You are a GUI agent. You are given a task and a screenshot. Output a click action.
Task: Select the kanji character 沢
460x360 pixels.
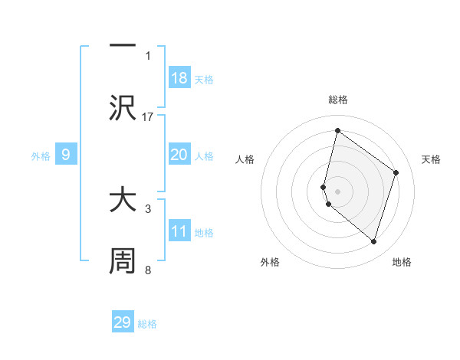point(123,108)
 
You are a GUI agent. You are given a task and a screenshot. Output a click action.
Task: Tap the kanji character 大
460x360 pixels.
point(123,200)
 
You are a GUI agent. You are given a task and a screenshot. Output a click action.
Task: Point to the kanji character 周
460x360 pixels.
point(123,261)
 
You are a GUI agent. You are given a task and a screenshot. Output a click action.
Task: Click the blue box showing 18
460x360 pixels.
point(179,78)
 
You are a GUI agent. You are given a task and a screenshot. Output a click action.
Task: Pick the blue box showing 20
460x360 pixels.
point(179,155)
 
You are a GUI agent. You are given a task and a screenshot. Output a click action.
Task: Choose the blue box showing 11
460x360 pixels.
point(179,231)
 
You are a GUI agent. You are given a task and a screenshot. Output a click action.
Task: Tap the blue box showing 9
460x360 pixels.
point(66,155)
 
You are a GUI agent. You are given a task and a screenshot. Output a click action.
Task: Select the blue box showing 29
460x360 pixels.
point(123,322)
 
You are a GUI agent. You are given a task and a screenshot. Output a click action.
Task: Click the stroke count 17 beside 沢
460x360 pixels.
point(148,116)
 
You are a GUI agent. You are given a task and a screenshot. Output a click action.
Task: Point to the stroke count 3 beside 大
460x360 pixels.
point(148,208)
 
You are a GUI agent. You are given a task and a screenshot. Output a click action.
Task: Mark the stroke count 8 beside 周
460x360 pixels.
point(148,270)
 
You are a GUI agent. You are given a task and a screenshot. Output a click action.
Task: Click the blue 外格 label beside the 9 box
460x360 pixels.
point(41,156)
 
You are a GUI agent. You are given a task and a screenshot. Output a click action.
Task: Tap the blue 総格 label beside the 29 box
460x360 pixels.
point(147,324)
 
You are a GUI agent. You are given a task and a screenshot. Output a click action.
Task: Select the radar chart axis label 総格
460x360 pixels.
point(338,100)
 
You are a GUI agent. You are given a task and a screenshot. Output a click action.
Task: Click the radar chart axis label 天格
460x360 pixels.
point(432,159)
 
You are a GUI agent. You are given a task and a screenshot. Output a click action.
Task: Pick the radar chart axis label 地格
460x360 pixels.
point(402,262)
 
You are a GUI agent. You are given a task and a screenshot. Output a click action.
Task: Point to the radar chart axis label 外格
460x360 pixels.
point(270,262)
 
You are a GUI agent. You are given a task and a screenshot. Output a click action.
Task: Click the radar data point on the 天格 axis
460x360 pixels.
point(396,172)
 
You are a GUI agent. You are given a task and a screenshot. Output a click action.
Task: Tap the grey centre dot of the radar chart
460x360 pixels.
point(338,191)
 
